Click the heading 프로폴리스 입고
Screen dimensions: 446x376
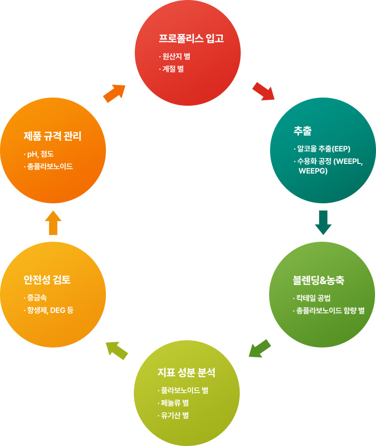(191, 38)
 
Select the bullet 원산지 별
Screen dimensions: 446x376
(176, 56)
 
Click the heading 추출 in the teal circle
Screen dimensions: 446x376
(302, 130)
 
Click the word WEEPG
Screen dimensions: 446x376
(313, 171)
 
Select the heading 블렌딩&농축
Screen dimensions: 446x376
(318, 280)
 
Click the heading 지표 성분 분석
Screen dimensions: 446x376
(186, 372)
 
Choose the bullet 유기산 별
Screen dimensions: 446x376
(174, 415)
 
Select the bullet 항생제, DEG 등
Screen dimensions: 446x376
(50, 310)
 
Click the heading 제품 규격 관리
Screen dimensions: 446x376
(52, 136)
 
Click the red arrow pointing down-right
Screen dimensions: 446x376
(263, 91)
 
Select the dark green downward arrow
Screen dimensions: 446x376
(323, 222)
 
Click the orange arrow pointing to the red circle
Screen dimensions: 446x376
(114, 93)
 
